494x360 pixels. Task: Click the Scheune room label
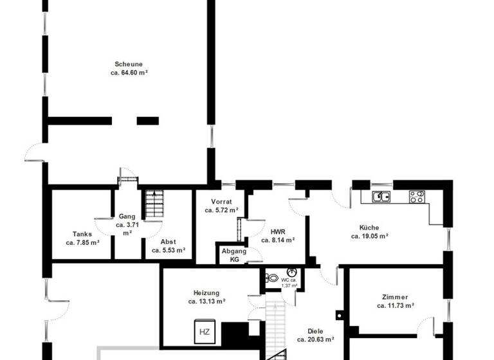pos(128,64)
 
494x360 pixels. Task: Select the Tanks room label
pos(82,234)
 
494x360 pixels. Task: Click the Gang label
pos(127,217)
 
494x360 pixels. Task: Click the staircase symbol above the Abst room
pos(154,204)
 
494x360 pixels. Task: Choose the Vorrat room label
pos(221,202)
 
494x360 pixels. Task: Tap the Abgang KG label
pos(230,255)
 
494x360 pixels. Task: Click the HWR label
pos(278,231)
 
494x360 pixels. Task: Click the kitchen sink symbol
pos(381,197)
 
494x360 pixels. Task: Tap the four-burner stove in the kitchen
pos(417,197)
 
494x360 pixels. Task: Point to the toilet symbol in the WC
pos(272,278)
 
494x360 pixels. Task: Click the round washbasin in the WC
pos(291,273)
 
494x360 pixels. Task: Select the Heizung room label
pos(206,292)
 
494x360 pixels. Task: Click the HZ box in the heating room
pos(205,332)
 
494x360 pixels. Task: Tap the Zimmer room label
pos(394,297)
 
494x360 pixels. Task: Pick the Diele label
pos(315,331)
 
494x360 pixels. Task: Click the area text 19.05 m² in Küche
pos(369,237)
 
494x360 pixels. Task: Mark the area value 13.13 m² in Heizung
pos(206,301)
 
